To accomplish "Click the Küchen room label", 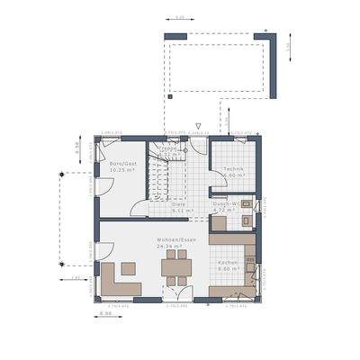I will point(228,262).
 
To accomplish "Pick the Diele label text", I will point(180,203).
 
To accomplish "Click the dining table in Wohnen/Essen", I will point(175,265).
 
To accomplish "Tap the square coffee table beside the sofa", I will point(128,267).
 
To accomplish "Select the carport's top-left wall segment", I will point(175,36).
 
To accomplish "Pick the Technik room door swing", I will point(218,184).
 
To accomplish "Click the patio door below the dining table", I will point(177,293).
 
